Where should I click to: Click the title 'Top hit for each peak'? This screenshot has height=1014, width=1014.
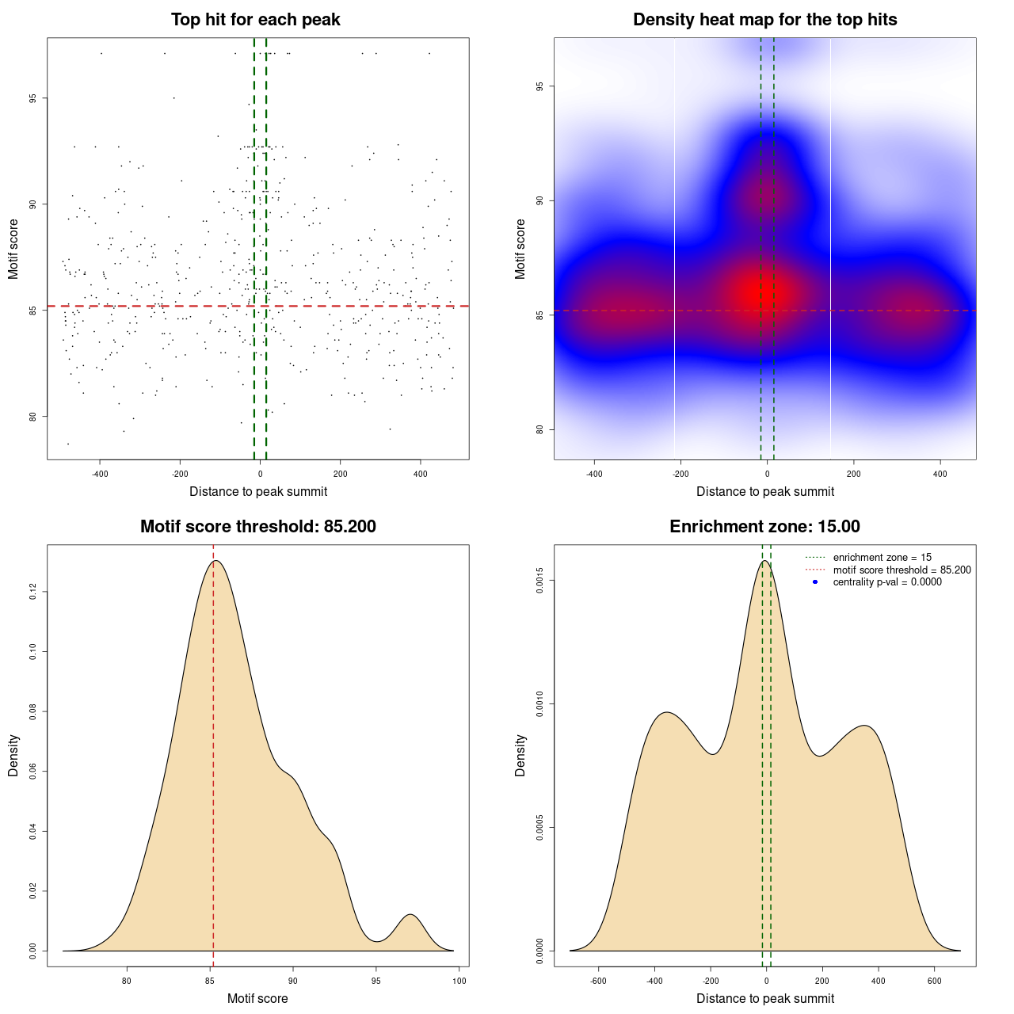click(x=255, y=20)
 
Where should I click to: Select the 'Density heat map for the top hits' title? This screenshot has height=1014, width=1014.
click(x=764, y=20)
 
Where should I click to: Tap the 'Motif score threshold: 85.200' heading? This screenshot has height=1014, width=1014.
click(x=257, y=527)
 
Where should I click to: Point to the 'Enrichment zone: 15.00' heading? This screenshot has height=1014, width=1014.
click(x=764, y=527)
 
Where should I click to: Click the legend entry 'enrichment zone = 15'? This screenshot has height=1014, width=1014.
click(x=882, y=558)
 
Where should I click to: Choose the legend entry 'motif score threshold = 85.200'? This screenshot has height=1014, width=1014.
click(x=902, y=570)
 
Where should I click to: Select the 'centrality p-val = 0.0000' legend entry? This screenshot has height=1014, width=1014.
click(x=887, y=582)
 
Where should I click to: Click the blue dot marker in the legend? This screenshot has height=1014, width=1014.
click(x=815, y=582)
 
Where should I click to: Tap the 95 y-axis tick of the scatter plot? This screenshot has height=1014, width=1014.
click(x=32, y=98)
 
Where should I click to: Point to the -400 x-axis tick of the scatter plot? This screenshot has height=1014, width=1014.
click(x=100, y=475)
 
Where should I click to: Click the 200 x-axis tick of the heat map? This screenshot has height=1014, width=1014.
click(x=854, y=475)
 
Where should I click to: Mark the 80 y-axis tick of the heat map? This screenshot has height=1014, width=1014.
click(x=539, y=429)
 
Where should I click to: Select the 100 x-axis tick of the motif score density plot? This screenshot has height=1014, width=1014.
click(x=459, y=981)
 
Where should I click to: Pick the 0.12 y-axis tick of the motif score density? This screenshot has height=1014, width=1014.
click(x=32, y=592)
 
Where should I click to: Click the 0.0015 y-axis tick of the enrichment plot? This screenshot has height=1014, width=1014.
click(x=539, y=581)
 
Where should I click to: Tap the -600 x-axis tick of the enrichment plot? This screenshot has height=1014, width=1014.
click(x=598, y=981)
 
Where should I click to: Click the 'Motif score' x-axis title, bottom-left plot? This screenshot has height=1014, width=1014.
click(x=257, y=999)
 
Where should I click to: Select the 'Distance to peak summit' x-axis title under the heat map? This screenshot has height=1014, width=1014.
click(x=764, y=492)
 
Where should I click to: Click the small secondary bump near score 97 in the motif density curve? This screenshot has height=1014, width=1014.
click(x=410, y=916)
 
